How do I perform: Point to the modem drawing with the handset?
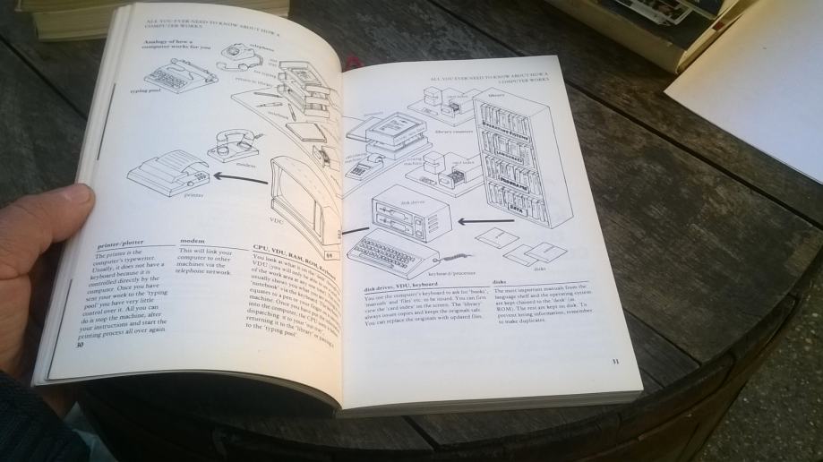click(234, 144)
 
